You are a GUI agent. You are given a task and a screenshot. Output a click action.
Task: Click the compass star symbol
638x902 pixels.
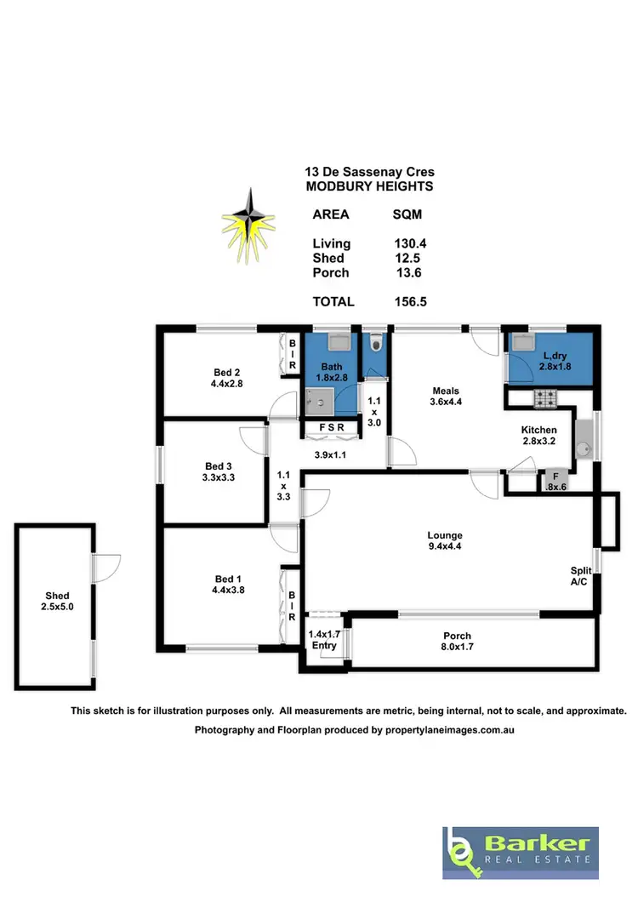click(249, 223)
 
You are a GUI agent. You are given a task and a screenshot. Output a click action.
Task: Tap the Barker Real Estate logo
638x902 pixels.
click(519, 853)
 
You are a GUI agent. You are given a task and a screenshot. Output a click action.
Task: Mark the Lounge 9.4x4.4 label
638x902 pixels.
click(445, 541)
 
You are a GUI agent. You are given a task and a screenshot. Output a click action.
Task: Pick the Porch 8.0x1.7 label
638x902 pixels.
click(456, 642)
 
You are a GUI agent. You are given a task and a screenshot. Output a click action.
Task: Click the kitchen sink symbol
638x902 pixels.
click(584, 447)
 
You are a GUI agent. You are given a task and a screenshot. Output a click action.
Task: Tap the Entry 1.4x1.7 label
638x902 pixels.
click(324, 640)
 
